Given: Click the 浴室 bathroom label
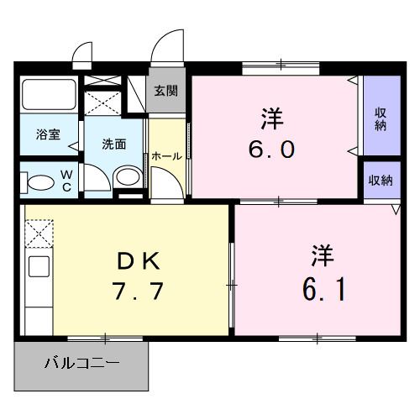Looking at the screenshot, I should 47,134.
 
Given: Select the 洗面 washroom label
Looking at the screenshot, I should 114,143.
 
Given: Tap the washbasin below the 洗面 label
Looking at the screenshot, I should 127,176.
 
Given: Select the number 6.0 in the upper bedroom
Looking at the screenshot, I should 270,150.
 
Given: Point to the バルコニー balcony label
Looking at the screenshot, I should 81,365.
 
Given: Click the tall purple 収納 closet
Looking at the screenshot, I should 381,118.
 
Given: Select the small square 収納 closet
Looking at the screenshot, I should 381,180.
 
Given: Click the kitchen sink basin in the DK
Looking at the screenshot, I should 39,267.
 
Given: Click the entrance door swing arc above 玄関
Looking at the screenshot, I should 171,44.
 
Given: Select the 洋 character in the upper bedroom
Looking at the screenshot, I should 270,118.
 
